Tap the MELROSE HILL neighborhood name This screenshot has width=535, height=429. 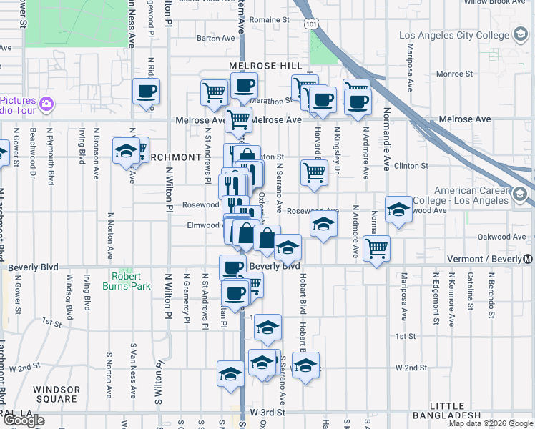[x=266, y=65]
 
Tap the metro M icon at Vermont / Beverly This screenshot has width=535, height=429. [x=528, y=259]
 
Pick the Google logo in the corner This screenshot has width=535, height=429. [x=24, y=420]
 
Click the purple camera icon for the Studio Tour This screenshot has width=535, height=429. [x=46, y=104]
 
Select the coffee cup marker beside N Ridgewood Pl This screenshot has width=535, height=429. [x=146, y=92]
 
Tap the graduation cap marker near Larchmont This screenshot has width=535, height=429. [x=126, y=152]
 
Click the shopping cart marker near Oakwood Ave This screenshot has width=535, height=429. [x=376, y=249]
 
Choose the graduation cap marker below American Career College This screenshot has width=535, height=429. [x=398, y=209]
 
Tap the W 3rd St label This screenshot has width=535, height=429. [x=267, y=413]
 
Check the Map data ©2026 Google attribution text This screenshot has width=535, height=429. [x=491, y=423]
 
